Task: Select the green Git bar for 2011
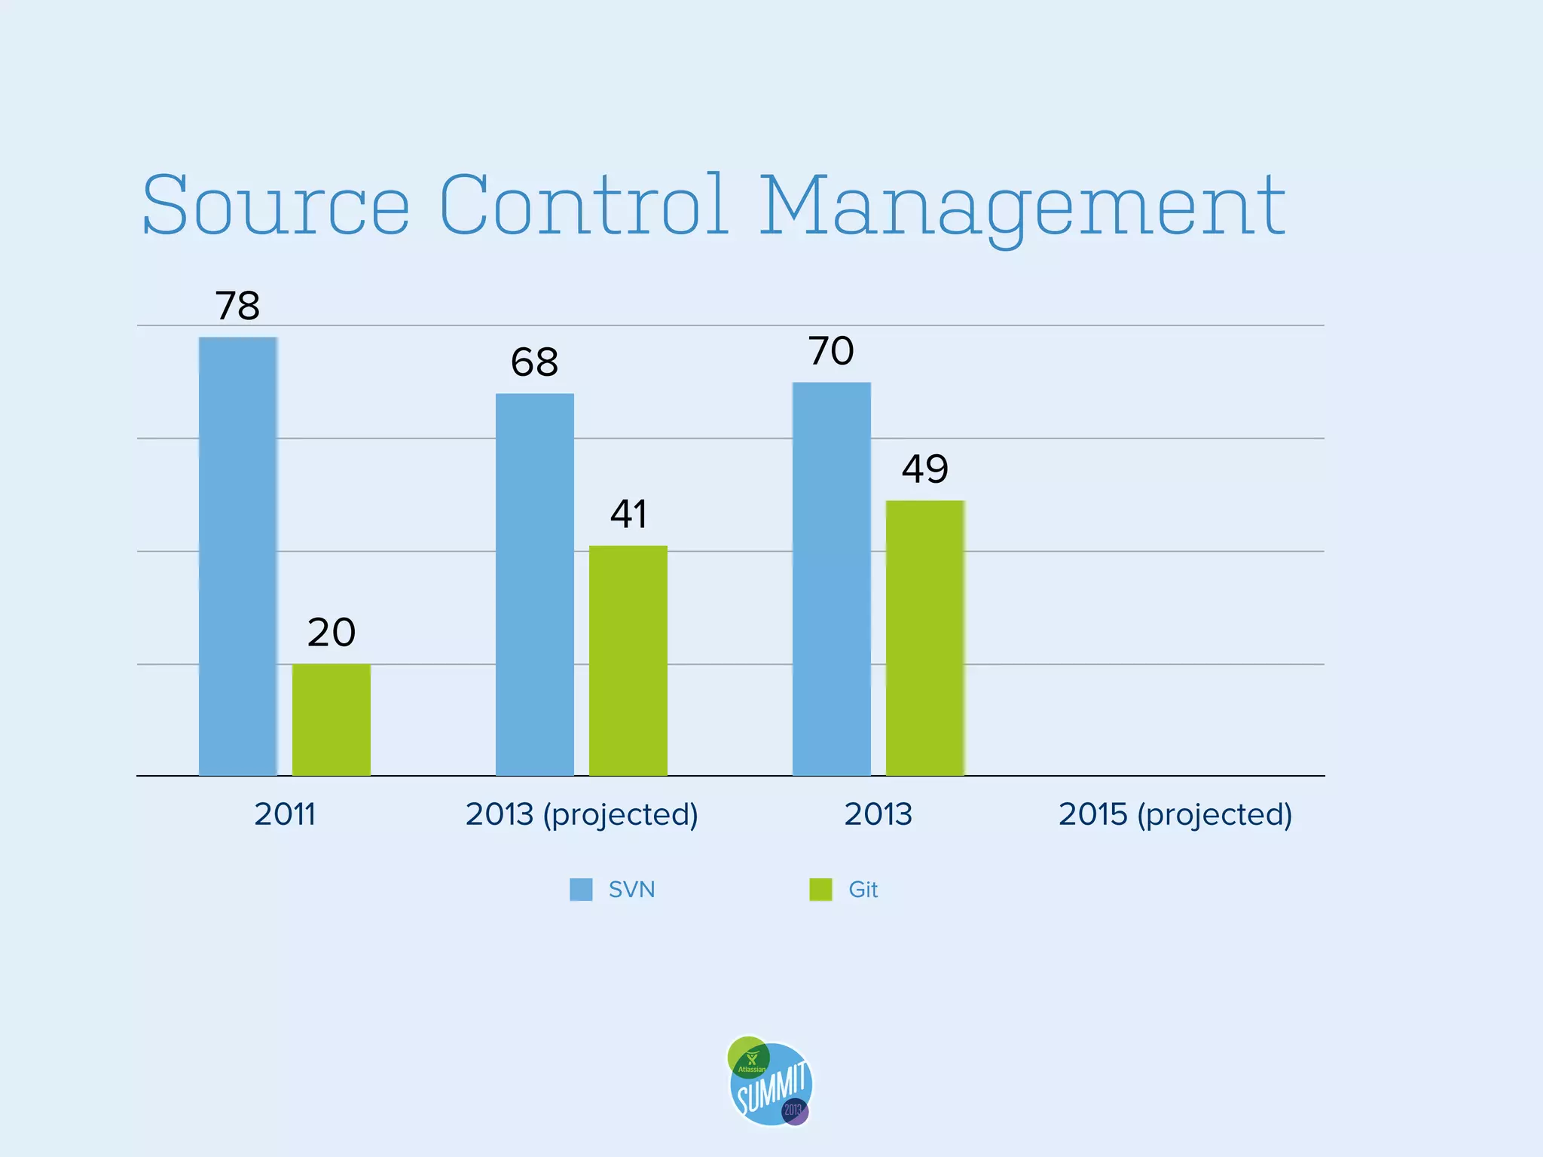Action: click(332, 719)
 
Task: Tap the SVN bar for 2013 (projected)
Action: click(535, 585)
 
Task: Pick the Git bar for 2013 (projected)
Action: click(628, 661)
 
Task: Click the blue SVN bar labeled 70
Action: click(832, 578)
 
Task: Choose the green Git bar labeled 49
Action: click(925, 638)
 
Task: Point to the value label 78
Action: click(237, 306)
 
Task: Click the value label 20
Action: click(332, 632)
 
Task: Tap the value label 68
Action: click(534, 362)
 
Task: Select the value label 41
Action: click(628, 514)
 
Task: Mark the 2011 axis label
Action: click(285, 814)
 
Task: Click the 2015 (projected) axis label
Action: click(1175, 814)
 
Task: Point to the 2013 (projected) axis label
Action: click(582, 814)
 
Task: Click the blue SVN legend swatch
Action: click(581, 890)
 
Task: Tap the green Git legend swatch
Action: click(820, 890)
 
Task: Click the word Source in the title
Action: click(276, 205)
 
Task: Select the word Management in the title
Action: click(1022, 205)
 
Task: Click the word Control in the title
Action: click(583, 205)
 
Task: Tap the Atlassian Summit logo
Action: click(771, 1082)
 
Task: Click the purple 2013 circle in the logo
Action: click(795, 1111)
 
